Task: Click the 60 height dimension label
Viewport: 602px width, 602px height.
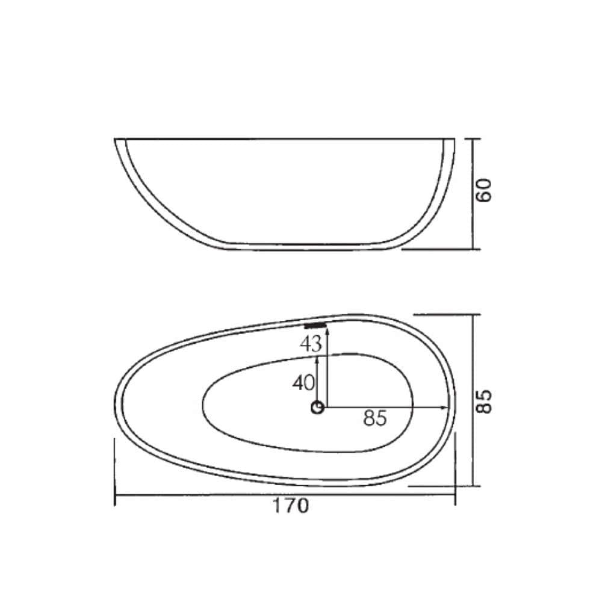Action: click(484, 190)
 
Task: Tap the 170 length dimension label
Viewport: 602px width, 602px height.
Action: click(290, 506)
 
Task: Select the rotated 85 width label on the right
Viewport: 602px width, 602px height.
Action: click(484, 402)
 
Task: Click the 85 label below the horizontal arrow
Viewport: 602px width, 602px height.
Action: click(374, 418)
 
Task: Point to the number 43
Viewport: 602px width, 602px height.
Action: click(311, 344)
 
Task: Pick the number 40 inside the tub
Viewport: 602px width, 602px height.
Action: click(303, 383)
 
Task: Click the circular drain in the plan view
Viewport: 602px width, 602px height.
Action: click(317, 408)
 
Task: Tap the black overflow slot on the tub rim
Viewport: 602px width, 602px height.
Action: click(315, 326)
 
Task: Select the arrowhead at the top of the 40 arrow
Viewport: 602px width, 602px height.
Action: click(317, 360)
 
